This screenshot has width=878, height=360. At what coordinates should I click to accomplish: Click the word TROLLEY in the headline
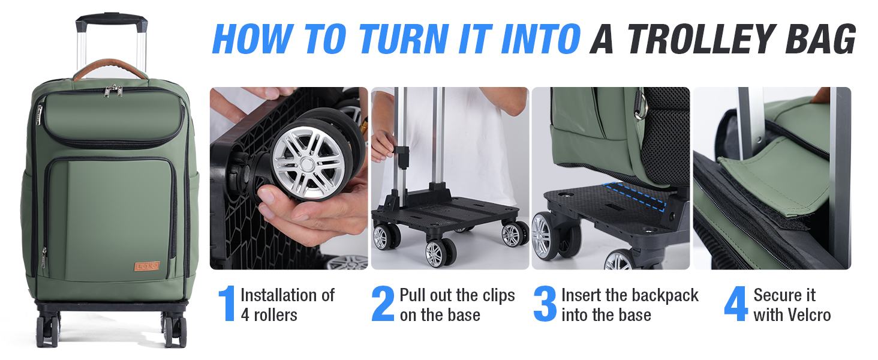(700, 38)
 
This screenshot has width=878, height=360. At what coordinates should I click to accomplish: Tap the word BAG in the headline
(821, 38)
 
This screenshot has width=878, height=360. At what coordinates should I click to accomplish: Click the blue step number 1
(227, 304)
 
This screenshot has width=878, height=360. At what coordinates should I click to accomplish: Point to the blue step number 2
(383, 304)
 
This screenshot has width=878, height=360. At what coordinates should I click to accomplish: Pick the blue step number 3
(545, 304)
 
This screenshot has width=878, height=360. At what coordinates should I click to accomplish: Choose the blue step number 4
(736, 304)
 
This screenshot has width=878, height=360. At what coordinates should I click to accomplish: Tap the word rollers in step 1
(275, 315)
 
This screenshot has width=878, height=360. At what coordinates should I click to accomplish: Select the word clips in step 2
(498, 296)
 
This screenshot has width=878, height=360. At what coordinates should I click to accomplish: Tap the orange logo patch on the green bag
(147, 266)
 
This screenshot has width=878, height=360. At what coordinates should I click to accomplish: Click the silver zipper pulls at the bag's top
(113, 91)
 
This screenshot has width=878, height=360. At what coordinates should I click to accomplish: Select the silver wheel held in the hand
(309, 161)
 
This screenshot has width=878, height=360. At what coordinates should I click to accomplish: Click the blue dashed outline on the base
(636, 196)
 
